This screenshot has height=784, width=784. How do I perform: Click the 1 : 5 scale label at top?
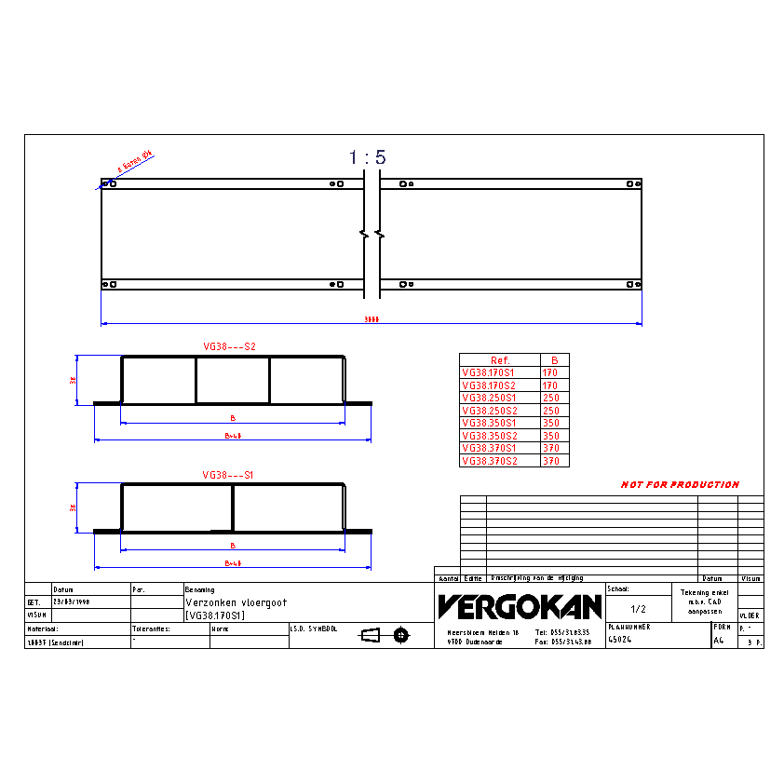(x=367, y=158)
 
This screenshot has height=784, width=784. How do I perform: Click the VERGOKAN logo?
(x=520, y=607)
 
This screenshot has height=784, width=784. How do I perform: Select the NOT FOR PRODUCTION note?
(x=680, y=484)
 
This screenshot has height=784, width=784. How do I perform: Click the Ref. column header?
(x=500, y=360)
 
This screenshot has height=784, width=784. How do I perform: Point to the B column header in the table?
(x=554, y=360)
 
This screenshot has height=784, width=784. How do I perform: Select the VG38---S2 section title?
(x=229, y=346)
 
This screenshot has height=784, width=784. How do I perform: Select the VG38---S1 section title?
(x=229, y=475)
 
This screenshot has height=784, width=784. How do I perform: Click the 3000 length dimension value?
(x=371, y=318)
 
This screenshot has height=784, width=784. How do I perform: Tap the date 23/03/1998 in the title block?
(x=71, y=602)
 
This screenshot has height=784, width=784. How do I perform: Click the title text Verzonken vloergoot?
(x=237, y=602)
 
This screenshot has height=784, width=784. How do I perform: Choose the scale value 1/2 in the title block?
(x=639, y=609)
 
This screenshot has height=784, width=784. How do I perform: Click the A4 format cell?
(x=719, y=640)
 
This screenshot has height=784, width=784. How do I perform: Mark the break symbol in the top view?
(x=372, y=234)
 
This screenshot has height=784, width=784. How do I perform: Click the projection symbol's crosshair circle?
(x=401, y=635)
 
